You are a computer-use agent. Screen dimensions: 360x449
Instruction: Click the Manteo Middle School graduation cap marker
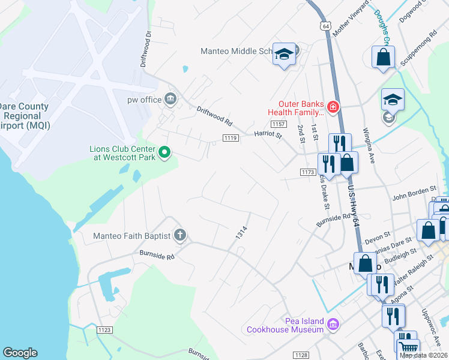coord(285,54)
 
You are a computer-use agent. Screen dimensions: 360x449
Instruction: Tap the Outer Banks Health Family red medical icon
coord(333,108)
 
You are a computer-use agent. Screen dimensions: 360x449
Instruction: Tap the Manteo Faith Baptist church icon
coord(179,236)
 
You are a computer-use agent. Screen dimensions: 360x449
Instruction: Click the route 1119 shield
coord(231,139)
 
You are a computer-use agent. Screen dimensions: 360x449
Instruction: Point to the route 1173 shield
coord(308,172)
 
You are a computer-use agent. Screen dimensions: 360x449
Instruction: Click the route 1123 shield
coord(105,329)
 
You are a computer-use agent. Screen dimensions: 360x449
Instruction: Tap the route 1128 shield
coord(301,355)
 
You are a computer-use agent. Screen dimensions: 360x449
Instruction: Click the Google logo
coord(20,353)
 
